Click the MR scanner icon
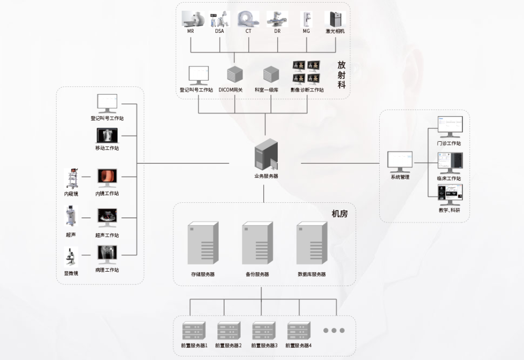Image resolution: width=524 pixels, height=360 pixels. [x=193, y=18]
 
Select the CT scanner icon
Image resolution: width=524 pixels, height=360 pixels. [x=248, y=18]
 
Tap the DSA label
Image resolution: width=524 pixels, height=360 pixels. [x=220, y=31]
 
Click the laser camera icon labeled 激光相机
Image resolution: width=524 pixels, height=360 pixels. [x=335, y=19]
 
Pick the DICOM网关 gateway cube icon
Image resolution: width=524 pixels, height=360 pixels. [x=235, y=74]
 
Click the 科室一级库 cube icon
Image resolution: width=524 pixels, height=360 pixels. [x=270, y=74]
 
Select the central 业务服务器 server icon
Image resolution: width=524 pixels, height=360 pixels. [x=266, y=155]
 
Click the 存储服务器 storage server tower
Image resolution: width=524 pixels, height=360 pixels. [x=203, y=243]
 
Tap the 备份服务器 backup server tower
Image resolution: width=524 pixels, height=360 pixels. [x=257, y=243]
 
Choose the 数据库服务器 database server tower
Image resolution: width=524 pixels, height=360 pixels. [x=312, y=243]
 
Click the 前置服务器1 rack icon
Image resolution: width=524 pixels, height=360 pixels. [x=194, y=331]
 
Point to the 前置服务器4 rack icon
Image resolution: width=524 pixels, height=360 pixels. [x=299, y=331]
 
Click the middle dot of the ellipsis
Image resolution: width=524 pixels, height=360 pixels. [x=334, y=331]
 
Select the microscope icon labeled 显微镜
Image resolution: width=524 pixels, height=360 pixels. [x=70, y=257]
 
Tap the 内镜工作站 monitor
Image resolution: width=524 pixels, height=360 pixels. [x=107, y=178]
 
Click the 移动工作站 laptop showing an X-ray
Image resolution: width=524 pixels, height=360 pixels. [x=107, y=136]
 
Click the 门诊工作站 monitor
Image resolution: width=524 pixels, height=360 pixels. [x=450, y=127]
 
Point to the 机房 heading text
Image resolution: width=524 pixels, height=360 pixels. [x=340, y=214]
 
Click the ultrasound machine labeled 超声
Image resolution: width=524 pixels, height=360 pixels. [x=71, y=216]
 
